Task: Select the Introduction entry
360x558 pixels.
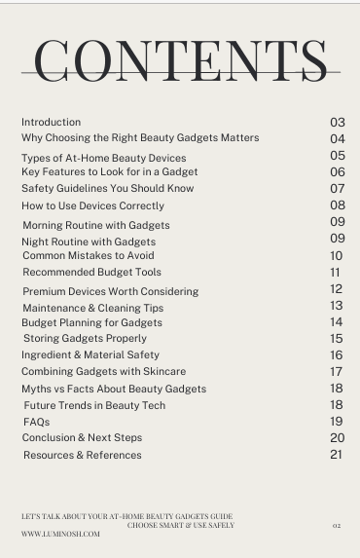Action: (x=52, y=123)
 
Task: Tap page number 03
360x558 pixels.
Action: (x=338, y=123)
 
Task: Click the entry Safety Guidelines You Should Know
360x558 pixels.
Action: (x=108, y=189)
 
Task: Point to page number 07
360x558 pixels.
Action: (x=338, y=189)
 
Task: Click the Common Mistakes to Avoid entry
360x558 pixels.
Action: (x=89, y=255)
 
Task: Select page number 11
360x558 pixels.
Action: (x=336, y=273)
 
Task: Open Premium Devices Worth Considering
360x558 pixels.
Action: (x=110, y=291)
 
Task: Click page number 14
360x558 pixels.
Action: (x=337, y=322)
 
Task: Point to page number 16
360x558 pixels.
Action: (x=337, y=355)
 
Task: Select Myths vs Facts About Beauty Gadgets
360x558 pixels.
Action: (x=114, y=389)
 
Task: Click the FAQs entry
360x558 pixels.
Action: (x=36, y=423)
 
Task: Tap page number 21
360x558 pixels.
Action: (x=337, y=455)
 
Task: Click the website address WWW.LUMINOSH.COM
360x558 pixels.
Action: (x=60, y=534)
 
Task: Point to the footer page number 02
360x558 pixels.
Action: (x=337, y=525)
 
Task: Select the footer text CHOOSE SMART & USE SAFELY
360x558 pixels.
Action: (x=181, y=525)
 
